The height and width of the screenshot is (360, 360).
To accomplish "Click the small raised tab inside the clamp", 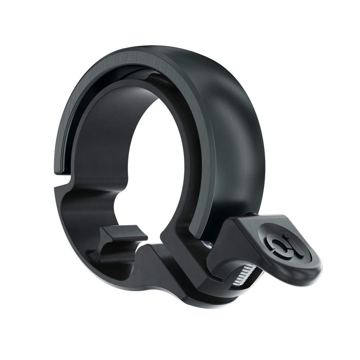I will (x=123, y=233).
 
